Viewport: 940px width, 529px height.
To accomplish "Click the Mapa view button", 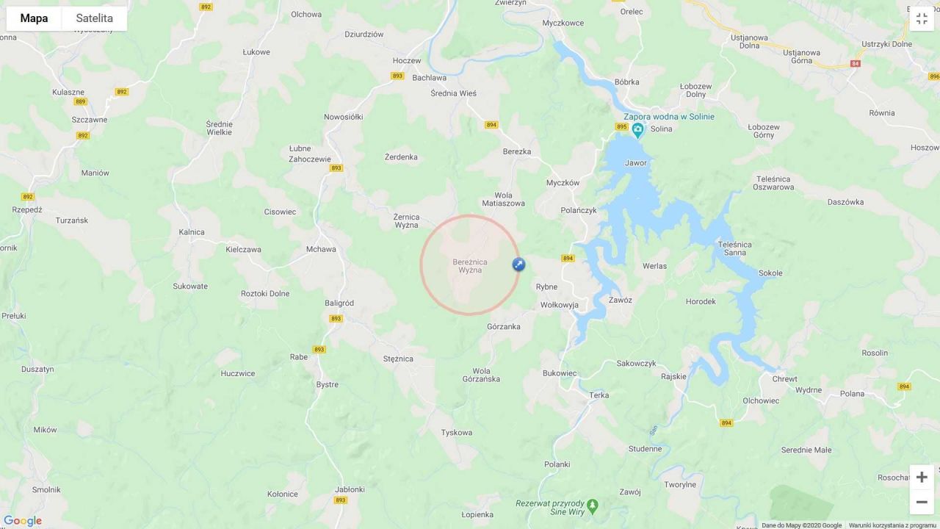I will tap(34, 18).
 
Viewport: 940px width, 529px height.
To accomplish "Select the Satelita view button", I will tap(94, 18).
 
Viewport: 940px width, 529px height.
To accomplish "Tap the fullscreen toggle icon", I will tap(922, 18).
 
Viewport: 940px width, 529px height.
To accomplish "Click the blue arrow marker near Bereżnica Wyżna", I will tap(518, 264).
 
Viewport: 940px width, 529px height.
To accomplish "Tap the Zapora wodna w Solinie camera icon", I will tap(637, 130).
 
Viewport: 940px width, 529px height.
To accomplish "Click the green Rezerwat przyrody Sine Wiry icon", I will tap(593, 505).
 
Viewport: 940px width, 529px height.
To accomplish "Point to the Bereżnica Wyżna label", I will tap(470, 266).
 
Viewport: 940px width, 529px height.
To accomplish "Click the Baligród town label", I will tap(339, 303).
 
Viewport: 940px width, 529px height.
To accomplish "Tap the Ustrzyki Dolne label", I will tap(887, 44).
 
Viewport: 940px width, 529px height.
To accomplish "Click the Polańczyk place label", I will tap(579, 210).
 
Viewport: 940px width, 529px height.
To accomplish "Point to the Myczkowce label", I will tap(563, 23).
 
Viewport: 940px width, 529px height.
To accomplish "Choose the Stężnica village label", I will tap(398, 359).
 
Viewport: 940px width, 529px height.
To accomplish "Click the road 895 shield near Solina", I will tap(621, 127).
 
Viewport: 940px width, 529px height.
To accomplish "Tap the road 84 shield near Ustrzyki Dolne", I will tap(855, 64).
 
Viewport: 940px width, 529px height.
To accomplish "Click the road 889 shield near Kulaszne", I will tap(80, 101).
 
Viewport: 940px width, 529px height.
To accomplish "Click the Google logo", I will tap(23, 521).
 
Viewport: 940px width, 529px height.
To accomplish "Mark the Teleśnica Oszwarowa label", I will tap(773, 183).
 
